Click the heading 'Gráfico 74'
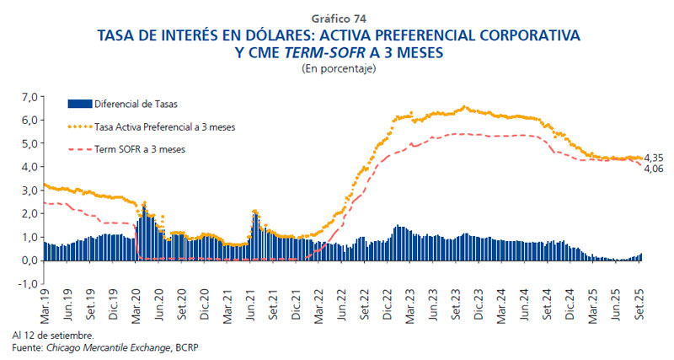pyautogui.click(x=339, y=18)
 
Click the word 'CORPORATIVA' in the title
pyautogui.click(x=520, y=36)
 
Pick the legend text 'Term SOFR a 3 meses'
pyautogui.click(x=139, y=148)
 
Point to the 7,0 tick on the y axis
pyautogui.click(x=30, y=97)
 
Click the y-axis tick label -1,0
pyautogui.click(x=29, y=283)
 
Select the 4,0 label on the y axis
pyautogui.click(x=30, y=167)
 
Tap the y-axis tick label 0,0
pyautogui.click(x=30, y=261)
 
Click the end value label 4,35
pyautogui.click(x=653, y=158)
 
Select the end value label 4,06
pyautogui.click(x=653, y=169)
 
